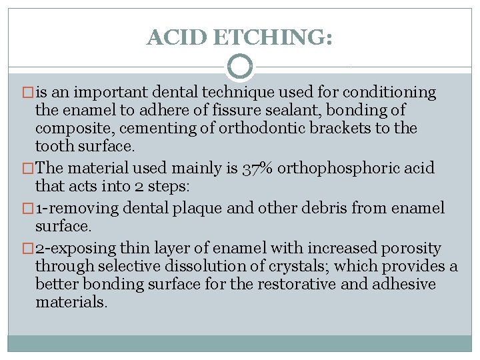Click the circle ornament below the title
click(x=240, y=67)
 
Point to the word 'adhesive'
click(x=403, y=285)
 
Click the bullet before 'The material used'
click(x=27, y=169)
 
